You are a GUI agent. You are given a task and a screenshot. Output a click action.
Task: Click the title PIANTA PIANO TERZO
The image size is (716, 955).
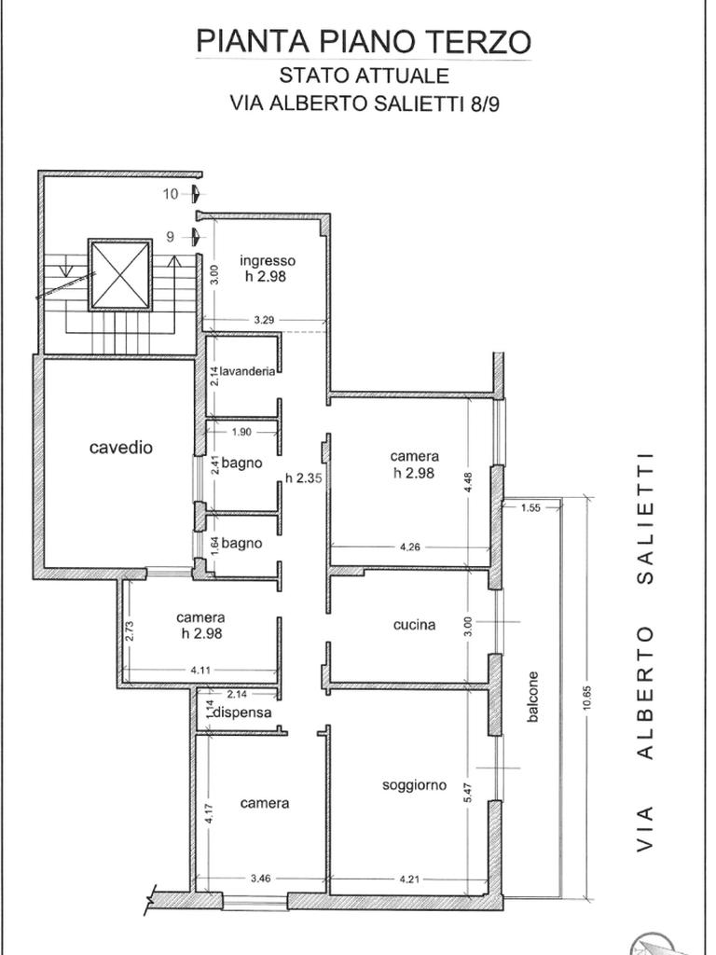[x=365, y=41]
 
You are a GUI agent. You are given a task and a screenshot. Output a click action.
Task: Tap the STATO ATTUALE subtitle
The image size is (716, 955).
[x=365, y=76]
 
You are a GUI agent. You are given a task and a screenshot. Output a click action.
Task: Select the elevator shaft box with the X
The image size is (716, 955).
[x=119, y=275]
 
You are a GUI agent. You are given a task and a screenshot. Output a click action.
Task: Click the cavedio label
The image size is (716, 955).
[x=120, y=448]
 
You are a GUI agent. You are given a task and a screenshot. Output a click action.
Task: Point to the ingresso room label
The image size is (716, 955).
[x=268, y=261]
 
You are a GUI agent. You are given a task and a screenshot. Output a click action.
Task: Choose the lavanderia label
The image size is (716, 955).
[x=247, y=371]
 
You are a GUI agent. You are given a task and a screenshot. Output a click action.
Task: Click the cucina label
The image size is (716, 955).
[x=414, y=624]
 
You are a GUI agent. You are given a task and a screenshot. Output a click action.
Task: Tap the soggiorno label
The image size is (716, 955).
[x=414, y=785]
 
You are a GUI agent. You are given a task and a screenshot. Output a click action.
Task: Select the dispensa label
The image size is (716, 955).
[x=242, y=712]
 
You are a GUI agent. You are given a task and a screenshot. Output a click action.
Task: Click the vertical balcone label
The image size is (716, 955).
[x=532, y=697]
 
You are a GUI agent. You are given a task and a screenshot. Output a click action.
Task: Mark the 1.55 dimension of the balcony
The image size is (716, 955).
[x=530, y=507]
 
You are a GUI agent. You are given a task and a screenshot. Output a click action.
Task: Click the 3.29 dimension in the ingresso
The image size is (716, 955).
[x=264, y=320]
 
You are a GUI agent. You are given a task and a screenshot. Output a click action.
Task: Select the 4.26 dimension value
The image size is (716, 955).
[x=410, y=547]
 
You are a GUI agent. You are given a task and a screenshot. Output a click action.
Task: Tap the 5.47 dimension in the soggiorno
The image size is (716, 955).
[x=468, y=791]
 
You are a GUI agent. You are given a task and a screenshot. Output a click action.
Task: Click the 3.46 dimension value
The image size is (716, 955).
[x=261, y=879]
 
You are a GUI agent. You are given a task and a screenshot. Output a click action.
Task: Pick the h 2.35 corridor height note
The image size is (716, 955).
[x=303, y=478]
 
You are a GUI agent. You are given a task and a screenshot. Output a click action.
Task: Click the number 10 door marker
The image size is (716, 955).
[x=171, y=194]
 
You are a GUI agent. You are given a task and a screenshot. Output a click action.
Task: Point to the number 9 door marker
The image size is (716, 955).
[x=171, y=236]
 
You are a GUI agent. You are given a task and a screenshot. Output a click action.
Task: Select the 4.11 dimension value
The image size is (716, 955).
[x=200, y=670]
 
